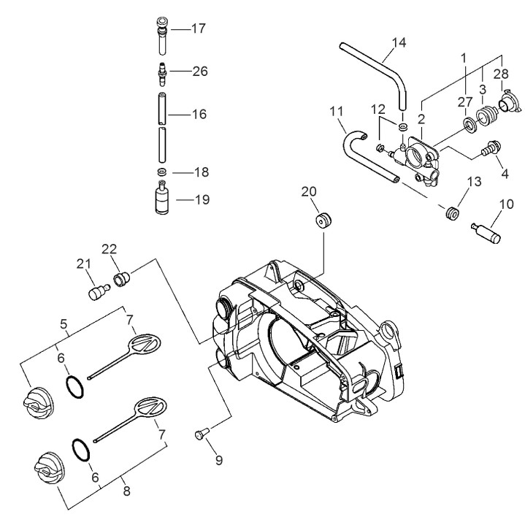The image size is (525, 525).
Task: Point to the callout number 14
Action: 398,42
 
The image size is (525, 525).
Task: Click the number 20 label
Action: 310,191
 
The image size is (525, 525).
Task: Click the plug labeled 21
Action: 96,293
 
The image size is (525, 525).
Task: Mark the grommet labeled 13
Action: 452,213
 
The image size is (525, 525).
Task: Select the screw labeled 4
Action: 488,148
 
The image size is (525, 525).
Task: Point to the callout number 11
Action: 336,112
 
